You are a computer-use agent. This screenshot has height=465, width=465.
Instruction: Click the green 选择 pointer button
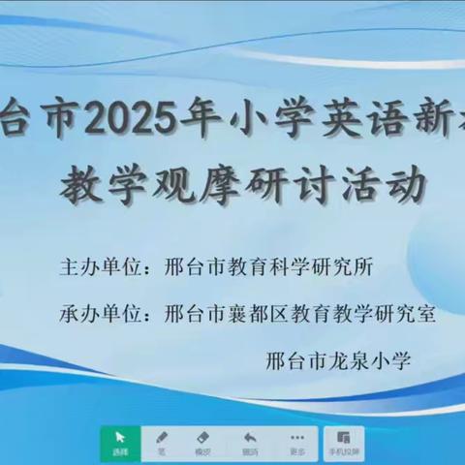(120, 442)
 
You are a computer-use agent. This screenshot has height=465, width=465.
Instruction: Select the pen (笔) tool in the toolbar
(162, 442)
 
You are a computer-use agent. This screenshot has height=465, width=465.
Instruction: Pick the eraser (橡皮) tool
(202, 442)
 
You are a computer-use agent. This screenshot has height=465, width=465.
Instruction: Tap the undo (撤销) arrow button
(250, 442)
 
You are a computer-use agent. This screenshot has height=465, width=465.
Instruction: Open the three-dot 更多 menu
(297, 442)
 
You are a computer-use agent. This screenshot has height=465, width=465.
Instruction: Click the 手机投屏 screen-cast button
(344, 442)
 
